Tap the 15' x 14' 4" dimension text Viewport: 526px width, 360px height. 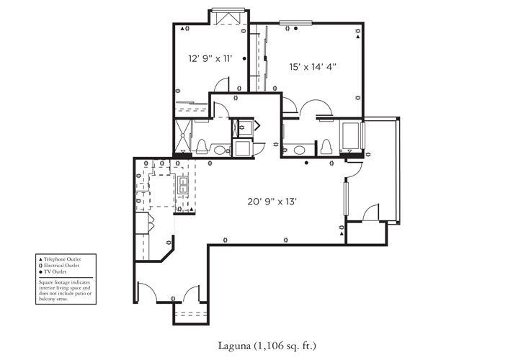312,66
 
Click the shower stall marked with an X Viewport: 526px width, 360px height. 184,136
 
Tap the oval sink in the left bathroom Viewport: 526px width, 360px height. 220,151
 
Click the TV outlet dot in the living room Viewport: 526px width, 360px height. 307,163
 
